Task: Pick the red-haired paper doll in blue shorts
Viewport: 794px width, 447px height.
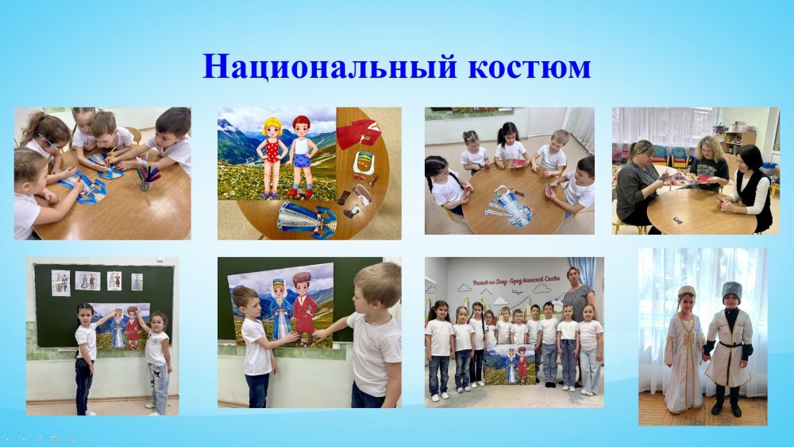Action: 301,156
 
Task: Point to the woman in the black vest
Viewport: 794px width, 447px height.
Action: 750,187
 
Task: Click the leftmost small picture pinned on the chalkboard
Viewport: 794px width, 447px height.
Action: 60,281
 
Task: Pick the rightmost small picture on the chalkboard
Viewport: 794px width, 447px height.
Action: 137,281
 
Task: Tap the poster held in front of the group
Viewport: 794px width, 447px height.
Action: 510,364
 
